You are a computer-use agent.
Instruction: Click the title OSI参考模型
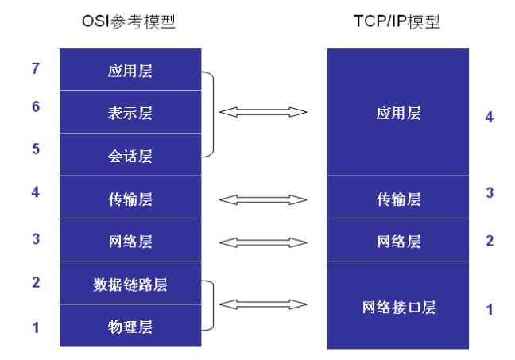pyautogui.click(x=129, y=22)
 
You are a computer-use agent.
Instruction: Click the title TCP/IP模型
pyautogui.click(x=397, y=21)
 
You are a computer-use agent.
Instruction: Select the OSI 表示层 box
pyautogui.click(x=130, y=112)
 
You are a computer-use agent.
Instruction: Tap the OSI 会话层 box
pyautogui.click(x=130, y=155)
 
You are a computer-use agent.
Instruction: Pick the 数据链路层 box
pyautogui.click(x=130, y=283)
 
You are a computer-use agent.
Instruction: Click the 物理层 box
pyautogui.click(x=130, y=326)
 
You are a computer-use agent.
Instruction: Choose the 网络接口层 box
pyautogui.click(x=398, y=305)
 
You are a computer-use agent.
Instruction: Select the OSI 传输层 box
pyautogui.click(x=130, y=197)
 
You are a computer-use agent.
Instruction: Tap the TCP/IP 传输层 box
pyautogui.click(x=398, y=197)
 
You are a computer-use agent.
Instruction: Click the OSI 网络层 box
pyautogui.click(x=130, y=240)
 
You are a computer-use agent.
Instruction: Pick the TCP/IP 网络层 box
pyautogui.click(x=398, y=240)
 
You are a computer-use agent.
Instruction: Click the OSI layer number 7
pyautogui.click(x=36, y=68)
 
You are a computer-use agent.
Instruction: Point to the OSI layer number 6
pyautogui.click(x=36, y=106)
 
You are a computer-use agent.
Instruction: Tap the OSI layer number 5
pyautogui.click(x=36, y=149)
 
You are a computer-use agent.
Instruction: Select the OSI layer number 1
pyautogui.click(x=36, y=327)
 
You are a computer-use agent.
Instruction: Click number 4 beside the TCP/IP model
pyautogui.click(x=490, y=118)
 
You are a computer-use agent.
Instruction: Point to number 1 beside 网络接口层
pyautogui.click(x=490, y=310)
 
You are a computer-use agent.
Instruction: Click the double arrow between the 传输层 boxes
pyautogui.click(x=263, y=199)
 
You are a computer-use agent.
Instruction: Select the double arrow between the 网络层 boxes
pyautogui.click(x=263, y=242)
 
